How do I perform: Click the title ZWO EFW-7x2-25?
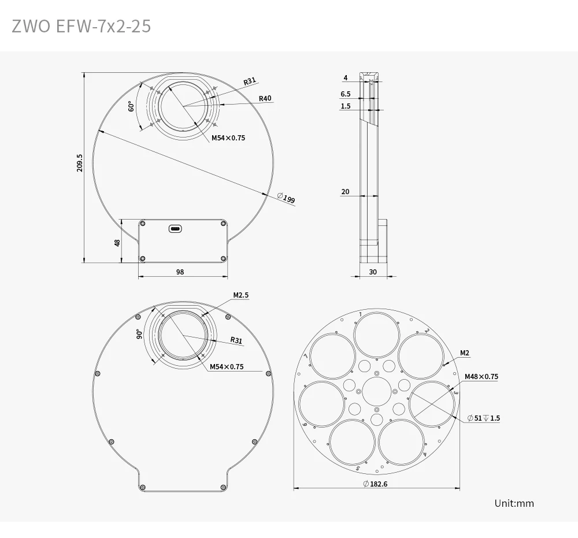pyautogui.click(x=81, y=26)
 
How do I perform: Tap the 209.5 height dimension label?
pyautogui.click(x=80, y=162)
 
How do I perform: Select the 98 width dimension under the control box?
pyautogui.click(x=180, y=272)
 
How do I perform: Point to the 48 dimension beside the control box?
pyautogui.click(x=118, y=243)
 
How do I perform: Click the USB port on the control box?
pyautogui.click(x=175, y=229)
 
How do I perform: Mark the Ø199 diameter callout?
pyautogui.click(x=286, y=198)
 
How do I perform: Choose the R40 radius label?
pyautogui.click(x=265, y=98)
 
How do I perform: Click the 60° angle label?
pyautogui.click(x=131, y=106)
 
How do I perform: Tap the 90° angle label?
pyautogui.click(x=139, y=334)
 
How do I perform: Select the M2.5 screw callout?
pyautogui.click(x=240, y=295)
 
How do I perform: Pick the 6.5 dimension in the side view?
pyautogui.click(x=346, y=94)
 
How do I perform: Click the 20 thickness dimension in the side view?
pyautogui.click(x=345, y=192)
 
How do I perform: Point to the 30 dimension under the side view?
pyautogui.click(x=372, y=272)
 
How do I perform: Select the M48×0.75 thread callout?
pyautogui.click(x=481, y=377)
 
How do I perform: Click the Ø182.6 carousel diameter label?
pyautogui.click(x=375, y=484)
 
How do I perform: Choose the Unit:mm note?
pyautogui.click(x=514, y=503)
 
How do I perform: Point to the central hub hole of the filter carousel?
pyautogui.click(x=377, y=392)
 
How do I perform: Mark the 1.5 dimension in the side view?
pyautogui.click(x=346, y=106)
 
